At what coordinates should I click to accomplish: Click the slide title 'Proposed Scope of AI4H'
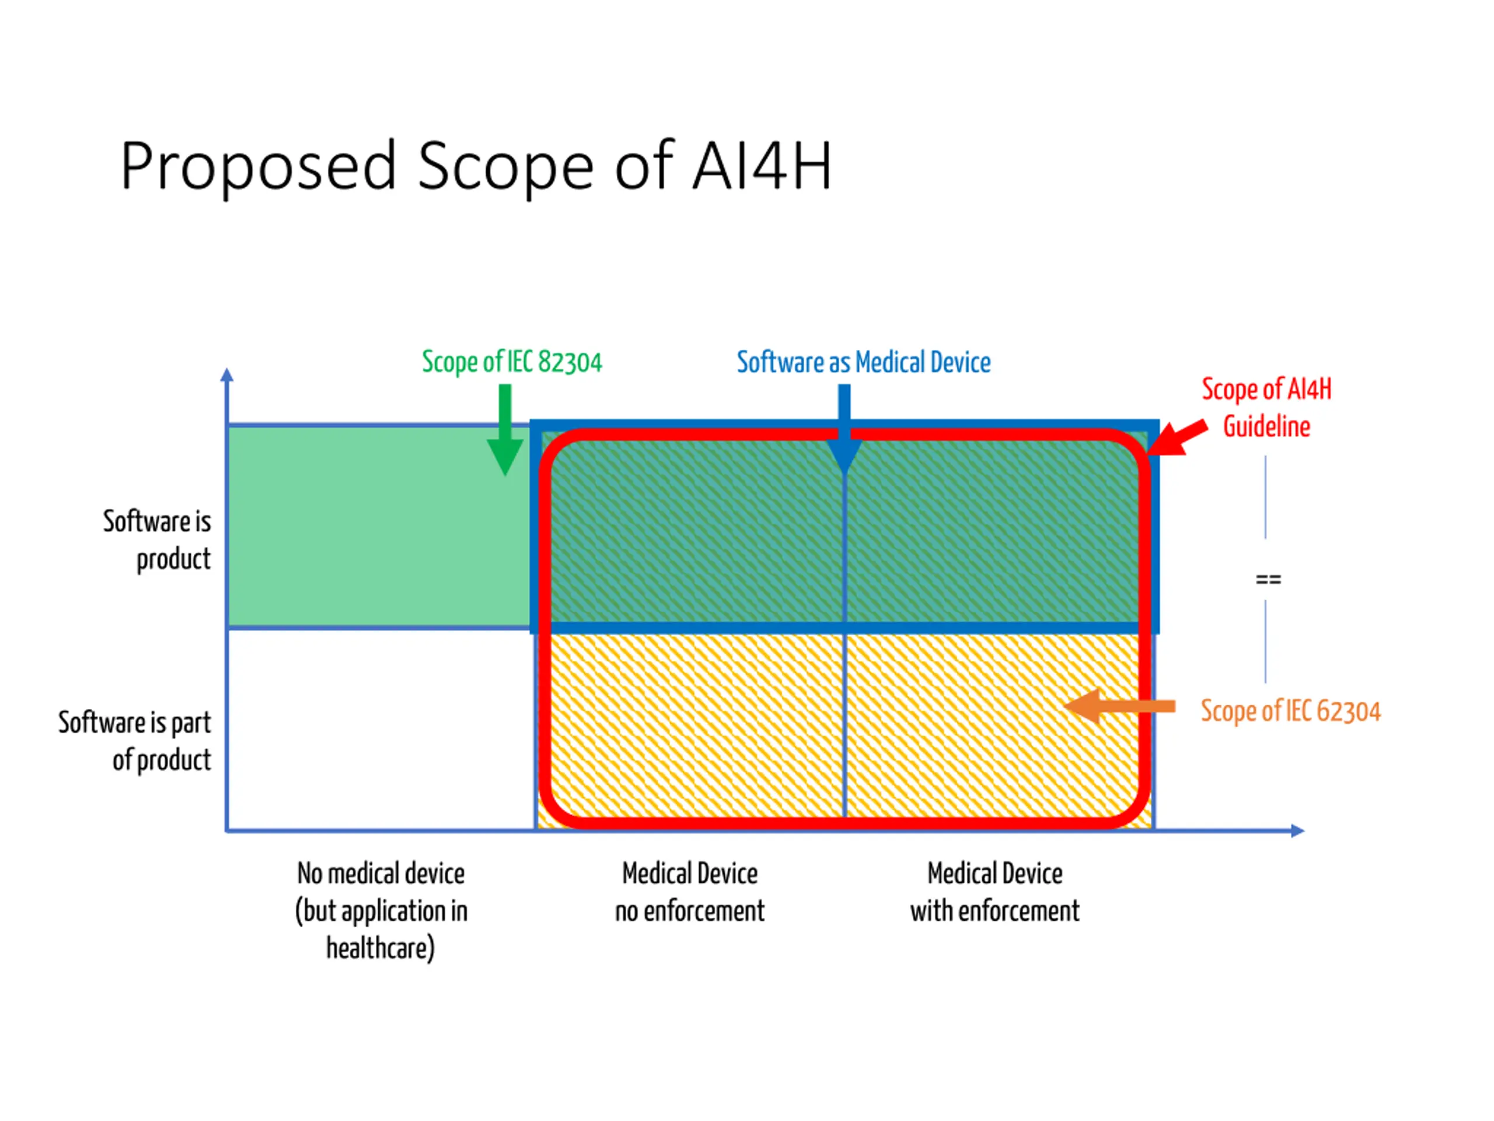[476, 166]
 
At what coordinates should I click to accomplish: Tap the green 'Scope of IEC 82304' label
[511, 362]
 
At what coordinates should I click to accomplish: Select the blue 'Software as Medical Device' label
[863, 363]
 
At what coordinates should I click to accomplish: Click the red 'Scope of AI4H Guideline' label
[1266, 408]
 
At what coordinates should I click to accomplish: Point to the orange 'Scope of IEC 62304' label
[1290, 712]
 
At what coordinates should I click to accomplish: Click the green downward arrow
[505, 433]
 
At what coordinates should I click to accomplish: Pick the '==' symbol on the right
[1268, 579]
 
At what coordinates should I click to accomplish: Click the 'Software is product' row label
[156, 540]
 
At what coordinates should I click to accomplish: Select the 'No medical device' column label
[381, 873]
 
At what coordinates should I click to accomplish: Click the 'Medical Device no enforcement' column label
[690, 892]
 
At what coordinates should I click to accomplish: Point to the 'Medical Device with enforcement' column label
[994, 892]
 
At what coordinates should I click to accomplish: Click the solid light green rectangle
[378, 527]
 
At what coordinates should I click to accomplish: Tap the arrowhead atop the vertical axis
[227, 375]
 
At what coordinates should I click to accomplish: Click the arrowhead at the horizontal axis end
[1297, 830]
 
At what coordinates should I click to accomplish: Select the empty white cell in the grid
[381, 729]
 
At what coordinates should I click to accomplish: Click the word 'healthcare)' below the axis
[381, 948]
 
